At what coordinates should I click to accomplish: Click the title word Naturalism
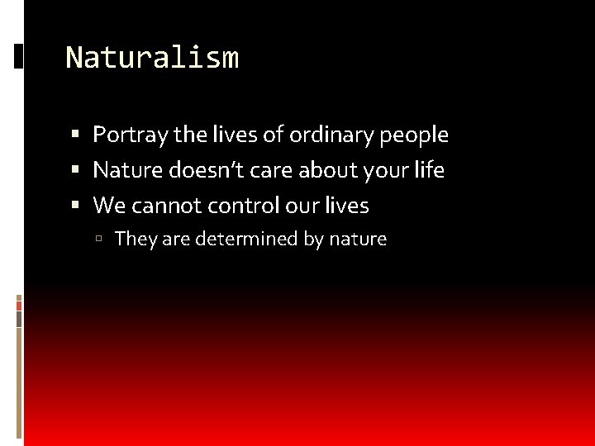152,58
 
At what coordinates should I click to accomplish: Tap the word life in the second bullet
430,170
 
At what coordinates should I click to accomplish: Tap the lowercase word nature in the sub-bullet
358,240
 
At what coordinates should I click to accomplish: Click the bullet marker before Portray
75,135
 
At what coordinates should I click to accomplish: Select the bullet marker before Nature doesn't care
75,170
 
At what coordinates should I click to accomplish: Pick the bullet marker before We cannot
75,206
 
